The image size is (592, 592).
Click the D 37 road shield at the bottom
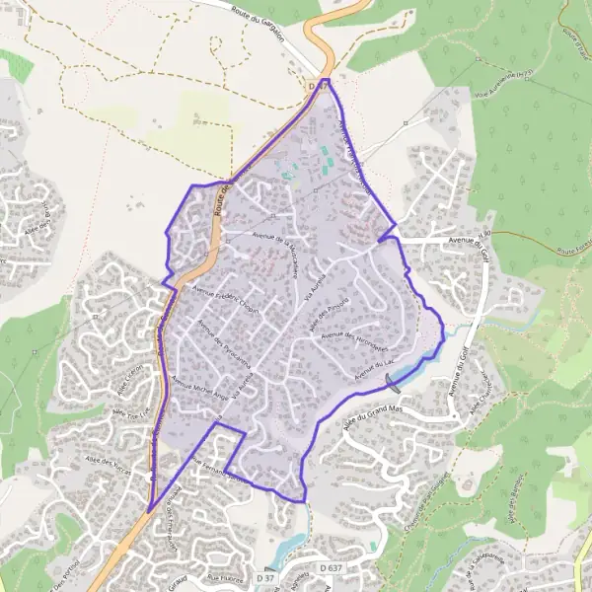click(266, 575)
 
